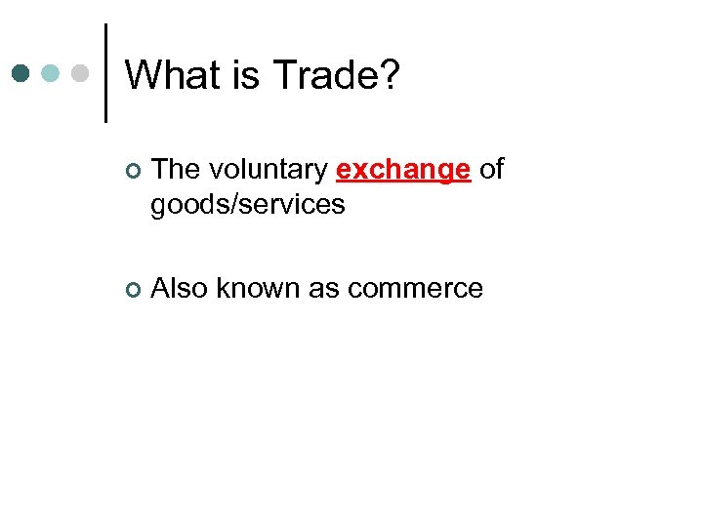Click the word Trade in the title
(x=323, y=75)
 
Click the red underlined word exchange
(x=403, y=170)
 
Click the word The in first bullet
(x=176, y=170)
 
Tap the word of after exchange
(x=492, y=170)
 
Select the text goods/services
(x=248, y=205)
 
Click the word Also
(x=180, y=289)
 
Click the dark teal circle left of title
(x=21, y=73)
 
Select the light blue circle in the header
(x=52, y=73)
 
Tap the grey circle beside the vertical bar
(x=81, y=73)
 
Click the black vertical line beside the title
(x=105, y=73)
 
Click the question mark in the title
(x=388, y=75)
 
